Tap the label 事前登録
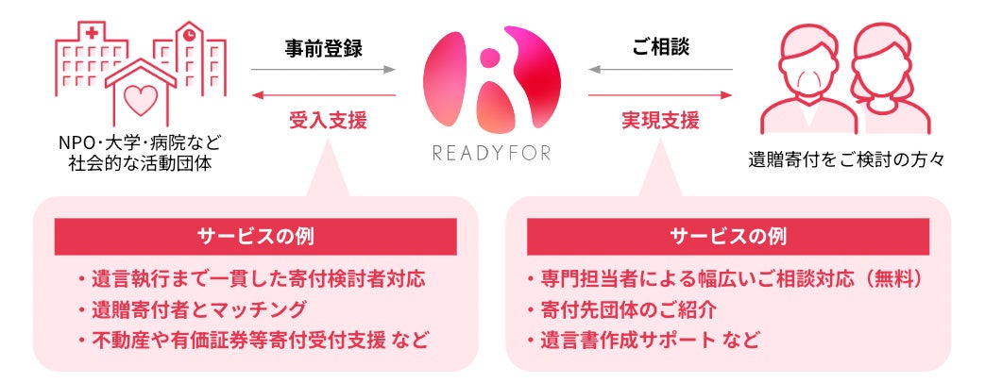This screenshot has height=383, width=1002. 323,48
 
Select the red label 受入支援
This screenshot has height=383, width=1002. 323,120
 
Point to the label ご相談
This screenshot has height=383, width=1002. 660,48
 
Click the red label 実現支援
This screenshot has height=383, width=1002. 660,120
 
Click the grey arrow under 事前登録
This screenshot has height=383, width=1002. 323,70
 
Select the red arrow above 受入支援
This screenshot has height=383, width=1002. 323,95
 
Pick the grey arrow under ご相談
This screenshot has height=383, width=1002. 660,70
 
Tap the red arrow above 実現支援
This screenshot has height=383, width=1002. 660,95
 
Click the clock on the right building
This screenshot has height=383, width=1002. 189,35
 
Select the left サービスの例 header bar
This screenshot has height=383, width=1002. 255,236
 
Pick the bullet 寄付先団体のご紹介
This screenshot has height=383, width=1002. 622,308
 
